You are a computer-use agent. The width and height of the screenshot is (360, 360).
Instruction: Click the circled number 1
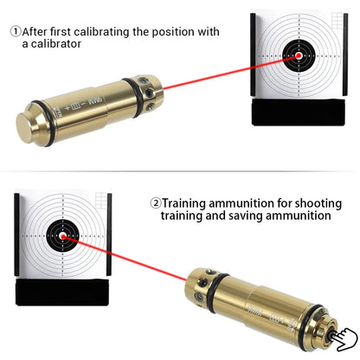16,31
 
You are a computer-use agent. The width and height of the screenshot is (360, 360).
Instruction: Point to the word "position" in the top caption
171,31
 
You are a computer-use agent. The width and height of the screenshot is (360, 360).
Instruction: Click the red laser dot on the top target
299,56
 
